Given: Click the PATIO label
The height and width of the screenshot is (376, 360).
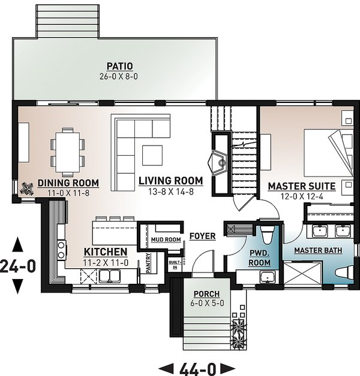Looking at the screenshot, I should coord(119,65).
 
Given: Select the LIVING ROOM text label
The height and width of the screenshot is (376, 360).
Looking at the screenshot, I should coord(170,180).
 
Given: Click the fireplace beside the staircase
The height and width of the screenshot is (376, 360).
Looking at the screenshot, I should coord(217,160).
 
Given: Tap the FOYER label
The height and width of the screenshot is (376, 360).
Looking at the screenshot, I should coord(202,236).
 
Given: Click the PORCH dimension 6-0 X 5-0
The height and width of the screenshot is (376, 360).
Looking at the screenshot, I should coord(206,304).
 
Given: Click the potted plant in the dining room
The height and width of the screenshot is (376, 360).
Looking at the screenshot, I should coord(26,187).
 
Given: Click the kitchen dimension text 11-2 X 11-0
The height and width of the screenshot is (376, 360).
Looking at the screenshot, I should coord(105,262).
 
